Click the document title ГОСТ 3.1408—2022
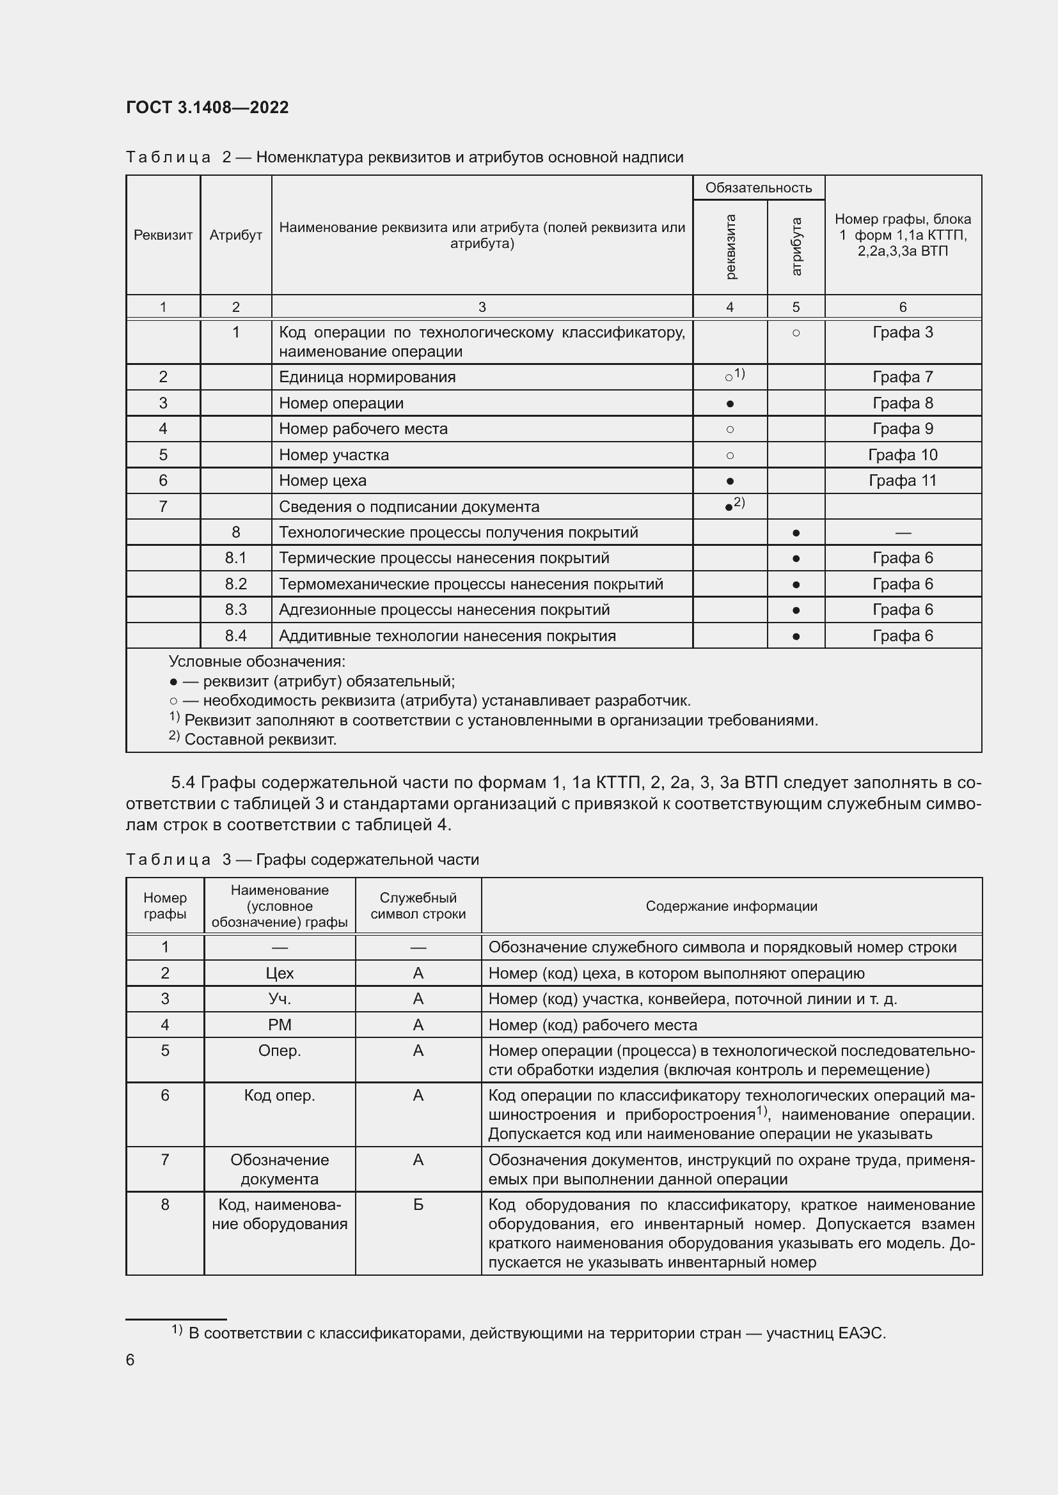(207, 107)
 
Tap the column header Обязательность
(759, 188)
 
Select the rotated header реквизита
(730, 247)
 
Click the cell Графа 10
(903, 454)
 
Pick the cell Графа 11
(903, 481)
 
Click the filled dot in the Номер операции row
(730, 404)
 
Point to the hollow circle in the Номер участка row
(730, 456)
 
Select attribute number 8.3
(236, 610)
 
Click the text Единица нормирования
(367, 377)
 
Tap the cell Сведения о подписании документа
(409, 507)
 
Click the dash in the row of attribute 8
(903, 532)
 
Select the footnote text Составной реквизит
(260, 739)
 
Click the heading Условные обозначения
(257, 662)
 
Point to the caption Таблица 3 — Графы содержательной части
(303, 860)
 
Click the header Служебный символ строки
(418, 906)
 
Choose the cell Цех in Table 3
(280, 973)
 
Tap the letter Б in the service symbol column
(418, 1205)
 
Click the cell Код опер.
(280, 1096)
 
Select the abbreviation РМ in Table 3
(280, 1025)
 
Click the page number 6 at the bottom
(130, 1359)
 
